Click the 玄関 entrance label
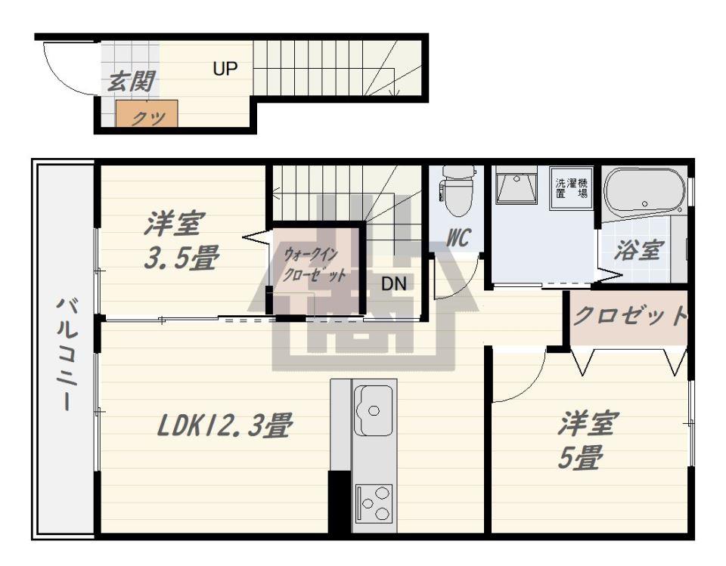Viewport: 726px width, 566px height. tap(131, 82)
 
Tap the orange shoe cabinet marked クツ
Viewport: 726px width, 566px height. tap(147, 114)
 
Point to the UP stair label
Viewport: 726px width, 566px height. tap(225, 69)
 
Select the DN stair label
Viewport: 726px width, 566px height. tap(394, 283)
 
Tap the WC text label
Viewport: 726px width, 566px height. tap(458, 238)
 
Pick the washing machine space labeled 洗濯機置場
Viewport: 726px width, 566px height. tap(572, 188)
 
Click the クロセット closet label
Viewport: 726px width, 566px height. tap(630, 317)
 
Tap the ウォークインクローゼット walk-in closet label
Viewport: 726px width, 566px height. tap(314, 264)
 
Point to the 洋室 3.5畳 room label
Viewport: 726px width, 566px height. tap(181, 240)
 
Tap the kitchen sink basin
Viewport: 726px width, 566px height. tap(373, 411)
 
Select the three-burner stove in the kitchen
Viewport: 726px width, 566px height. tap(374, 503)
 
